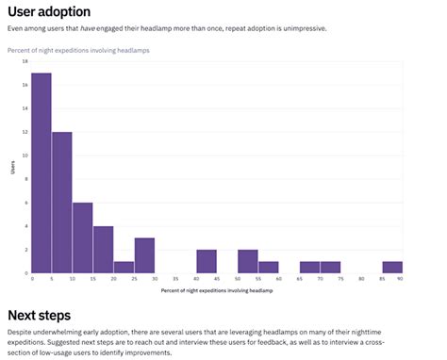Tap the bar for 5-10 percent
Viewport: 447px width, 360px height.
coord(62,202)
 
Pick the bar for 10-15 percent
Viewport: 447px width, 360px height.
coord(83,237)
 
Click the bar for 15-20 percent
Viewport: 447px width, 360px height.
coord(104,249)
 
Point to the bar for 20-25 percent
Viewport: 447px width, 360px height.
coord(124,267)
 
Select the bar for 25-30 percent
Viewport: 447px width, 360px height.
coord(144,255)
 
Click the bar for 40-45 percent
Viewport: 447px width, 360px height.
coord(207,261)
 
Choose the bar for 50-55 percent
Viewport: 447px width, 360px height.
coord(248,261)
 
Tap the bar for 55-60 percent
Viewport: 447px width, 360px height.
coord(269,267)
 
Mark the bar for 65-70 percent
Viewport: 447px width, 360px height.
coord(309,267)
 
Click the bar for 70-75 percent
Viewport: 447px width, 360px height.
coord(330,267)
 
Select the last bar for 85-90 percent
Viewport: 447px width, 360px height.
coord(392,267)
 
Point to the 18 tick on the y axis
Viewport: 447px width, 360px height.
coord(25,61)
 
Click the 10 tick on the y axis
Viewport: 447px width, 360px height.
coord(25,155)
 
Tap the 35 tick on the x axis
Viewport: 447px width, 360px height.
coord(175,280)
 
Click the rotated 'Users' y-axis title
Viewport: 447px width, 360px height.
coord(13,168)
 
